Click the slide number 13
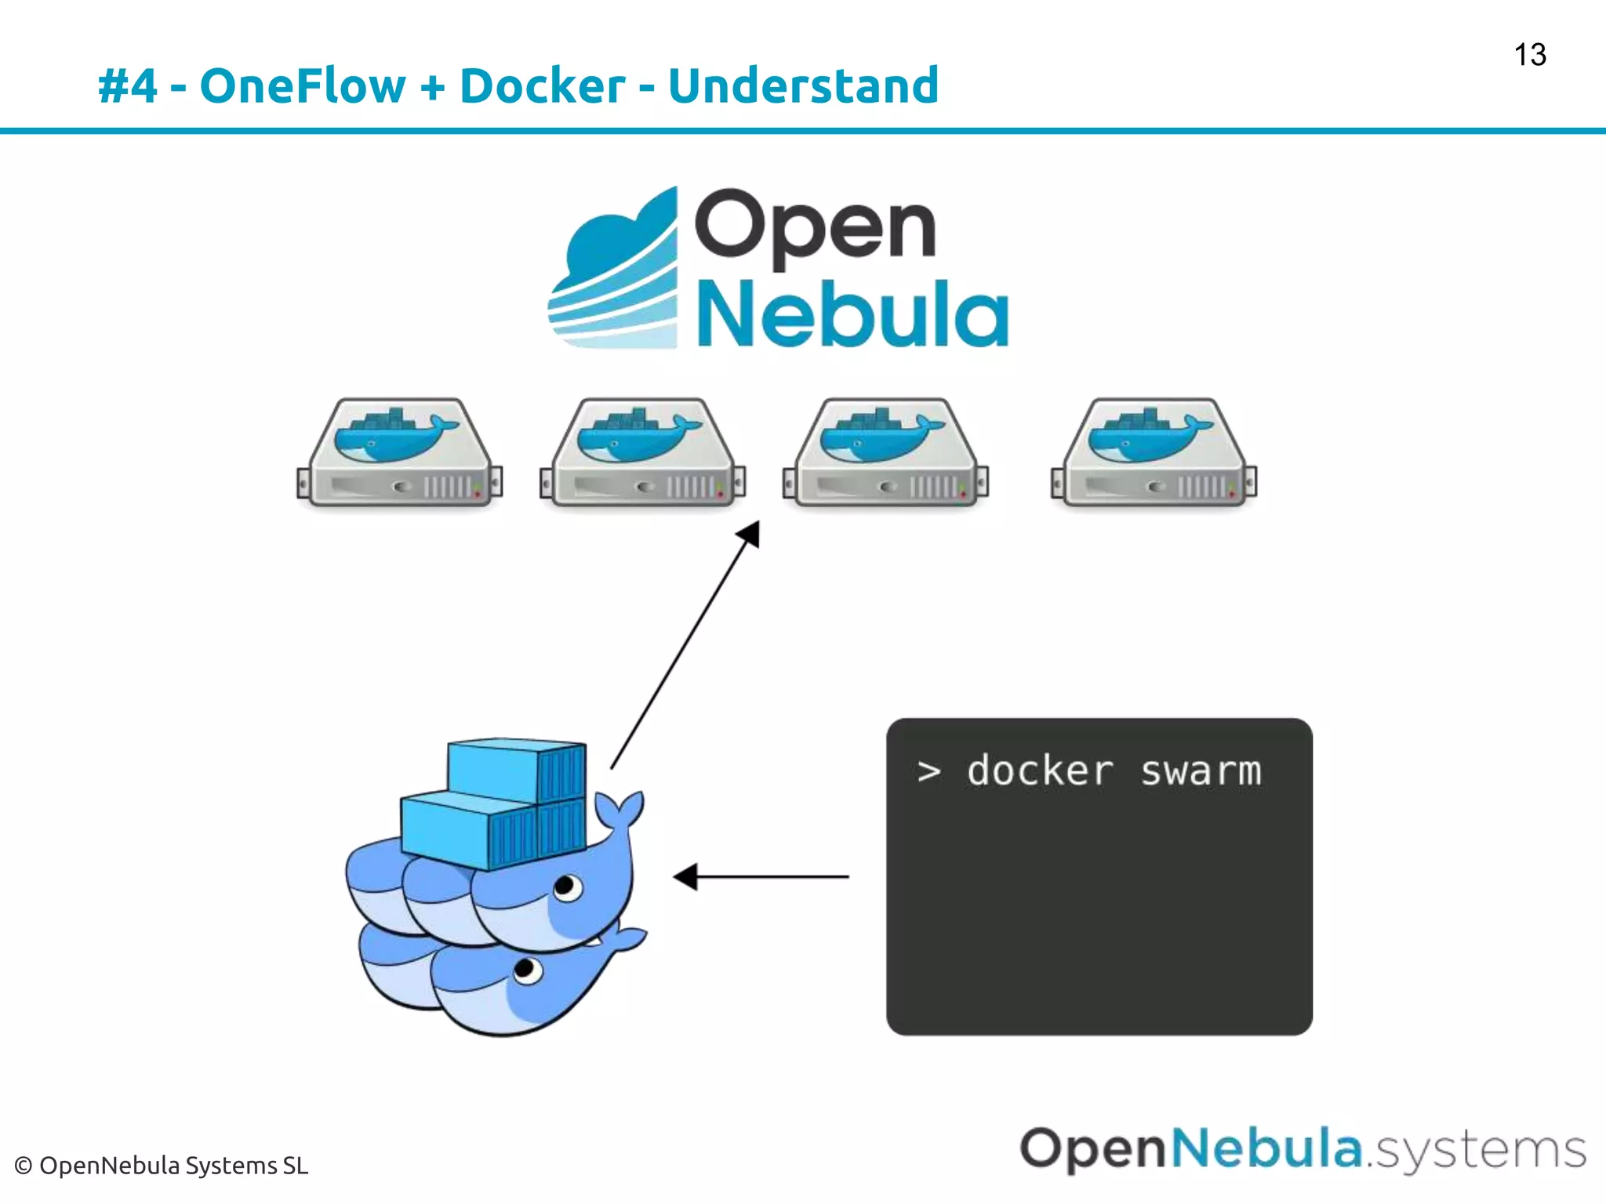coord(1529,55)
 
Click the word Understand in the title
coord(803,85)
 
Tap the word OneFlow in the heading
coord(303,85)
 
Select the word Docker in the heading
coord(542,85)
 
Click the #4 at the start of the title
coord(127,86)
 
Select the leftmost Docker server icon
coord(400,454)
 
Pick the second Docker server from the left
coord(643,454)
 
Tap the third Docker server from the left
coord(886,454)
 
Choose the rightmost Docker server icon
coord(1154,454)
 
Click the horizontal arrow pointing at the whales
coord(761,876)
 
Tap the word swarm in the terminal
coord(1201,771)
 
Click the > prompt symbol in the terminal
coord(929,772)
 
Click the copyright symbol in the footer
coord(24,1166)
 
